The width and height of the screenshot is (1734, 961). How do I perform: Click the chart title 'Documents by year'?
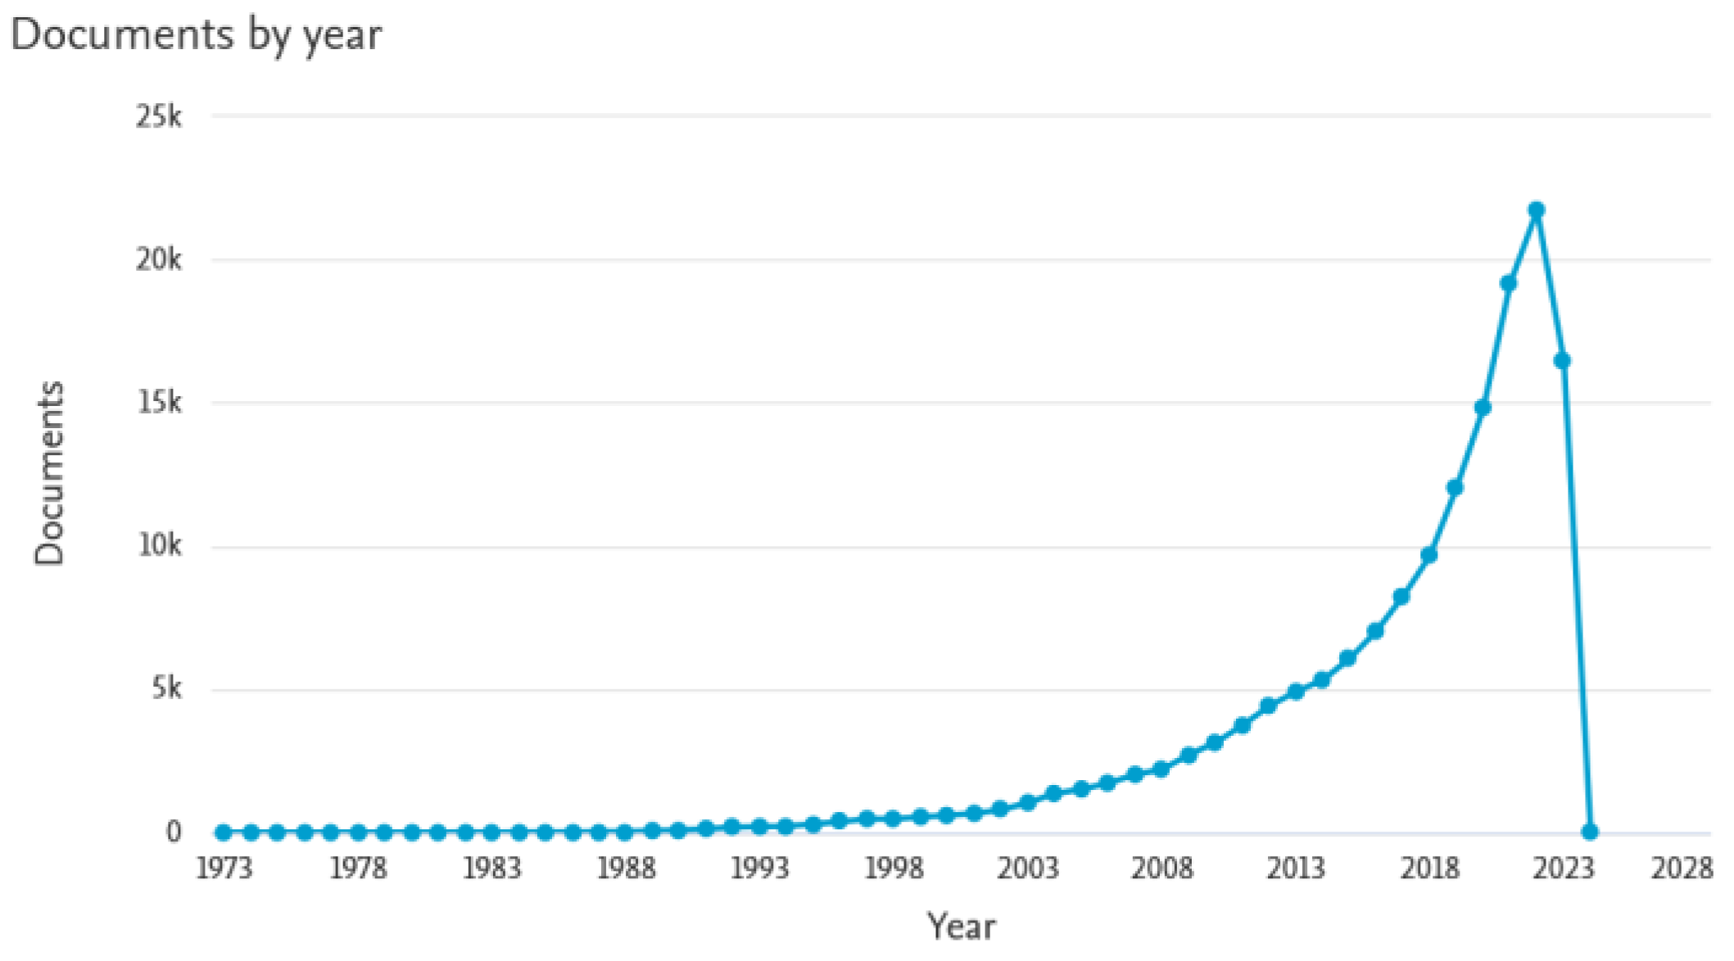point(196,35)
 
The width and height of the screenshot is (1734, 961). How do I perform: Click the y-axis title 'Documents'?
point(49,473)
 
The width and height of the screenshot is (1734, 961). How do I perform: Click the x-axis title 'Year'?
point(961,927)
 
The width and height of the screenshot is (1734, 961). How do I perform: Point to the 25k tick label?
point(159,117)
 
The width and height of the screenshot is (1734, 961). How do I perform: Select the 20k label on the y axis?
point(159,260)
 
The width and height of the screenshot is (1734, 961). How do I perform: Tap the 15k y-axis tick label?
point(159,403)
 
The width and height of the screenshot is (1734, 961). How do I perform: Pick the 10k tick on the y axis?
point(159,545)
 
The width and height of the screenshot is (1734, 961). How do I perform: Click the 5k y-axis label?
point(166,688)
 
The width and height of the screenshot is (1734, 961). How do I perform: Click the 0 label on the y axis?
point(173,832)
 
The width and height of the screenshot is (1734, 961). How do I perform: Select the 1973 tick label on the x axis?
point(224,868)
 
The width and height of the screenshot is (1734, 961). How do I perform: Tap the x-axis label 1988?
point(626,868)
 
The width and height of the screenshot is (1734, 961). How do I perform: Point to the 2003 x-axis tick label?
point(1027,868)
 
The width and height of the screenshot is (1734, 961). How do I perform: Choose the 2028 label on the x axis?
point(1682,868)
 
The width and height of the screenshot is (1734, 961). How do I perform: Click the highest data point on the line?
point(1536,210)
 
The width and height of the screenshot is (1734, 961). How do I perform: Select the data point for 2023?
point(1562,360)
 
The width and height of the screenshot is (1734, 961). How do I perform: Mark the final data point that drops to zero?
point(1589,832)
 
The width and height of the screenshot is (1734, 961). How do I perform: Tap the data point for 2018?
point(1428,555)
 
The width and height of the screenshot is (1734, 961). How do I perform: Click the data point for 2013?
point(1295,692)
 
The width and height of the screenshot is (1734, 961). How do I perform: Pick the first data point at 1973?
point(224,832)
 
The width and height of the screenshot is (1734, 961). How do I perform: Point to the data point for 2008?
point(1161,769)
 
